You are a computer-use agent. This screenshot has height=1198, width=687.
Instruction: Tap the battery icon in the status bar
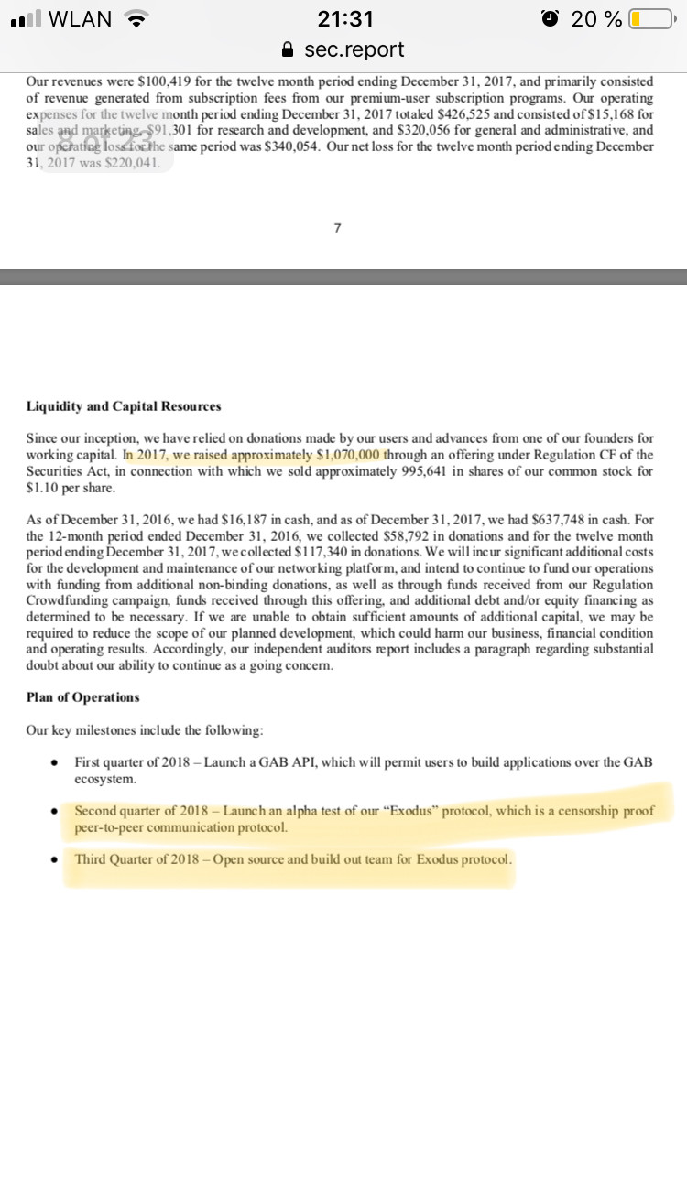pyautogui.click(x=653, y=18)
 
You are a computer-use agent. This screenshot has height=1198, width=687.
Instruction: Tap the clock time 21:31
pyautogui.click(x=344, y=18)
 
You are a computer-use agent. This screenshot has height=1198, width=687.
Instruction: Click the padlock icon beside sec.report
pyautogui.click(x=289, y=49)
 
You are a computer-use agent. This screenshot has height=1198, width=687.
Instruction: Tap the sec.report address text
pyautogui.click(x=354, y=49)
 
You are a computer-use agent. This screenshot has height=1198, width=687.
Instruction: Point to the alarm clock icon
pyautogui.click(x=550, y=18)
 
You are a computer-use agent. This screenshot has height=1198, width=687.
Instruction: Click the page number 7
pyautogui.click(x=337, y=229)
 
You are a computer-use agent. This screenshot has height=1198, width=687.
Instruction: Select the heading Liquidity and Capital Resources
pyautogui.click(x=124, y=406)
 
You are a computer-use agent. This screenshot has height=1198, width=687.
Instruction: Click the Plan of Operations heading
pyautogui.click(x=83, y=697)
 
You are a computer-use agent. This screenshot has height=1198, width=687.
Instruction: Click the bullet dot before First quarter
pyautogui.click(x=56, y=762)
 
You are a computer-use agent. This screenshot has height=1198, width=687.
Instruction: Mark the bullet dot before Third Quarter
pyautogui.click(x=56, y=860)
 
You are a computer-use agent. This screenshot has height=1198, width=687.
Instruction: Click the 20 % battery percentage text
pyautogui.click(x=596, y=18)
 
